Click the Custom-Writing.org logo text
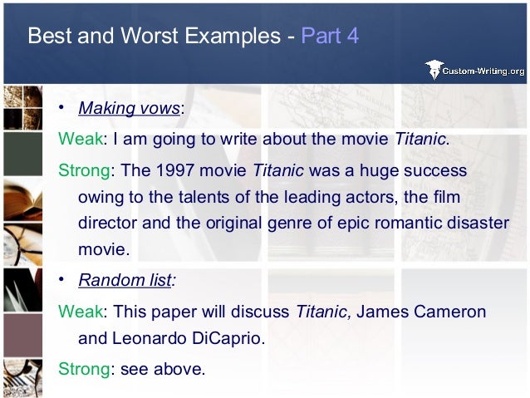(486, 71)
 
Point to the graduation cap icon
(434, 70)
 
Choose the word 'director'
(106, 224)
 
